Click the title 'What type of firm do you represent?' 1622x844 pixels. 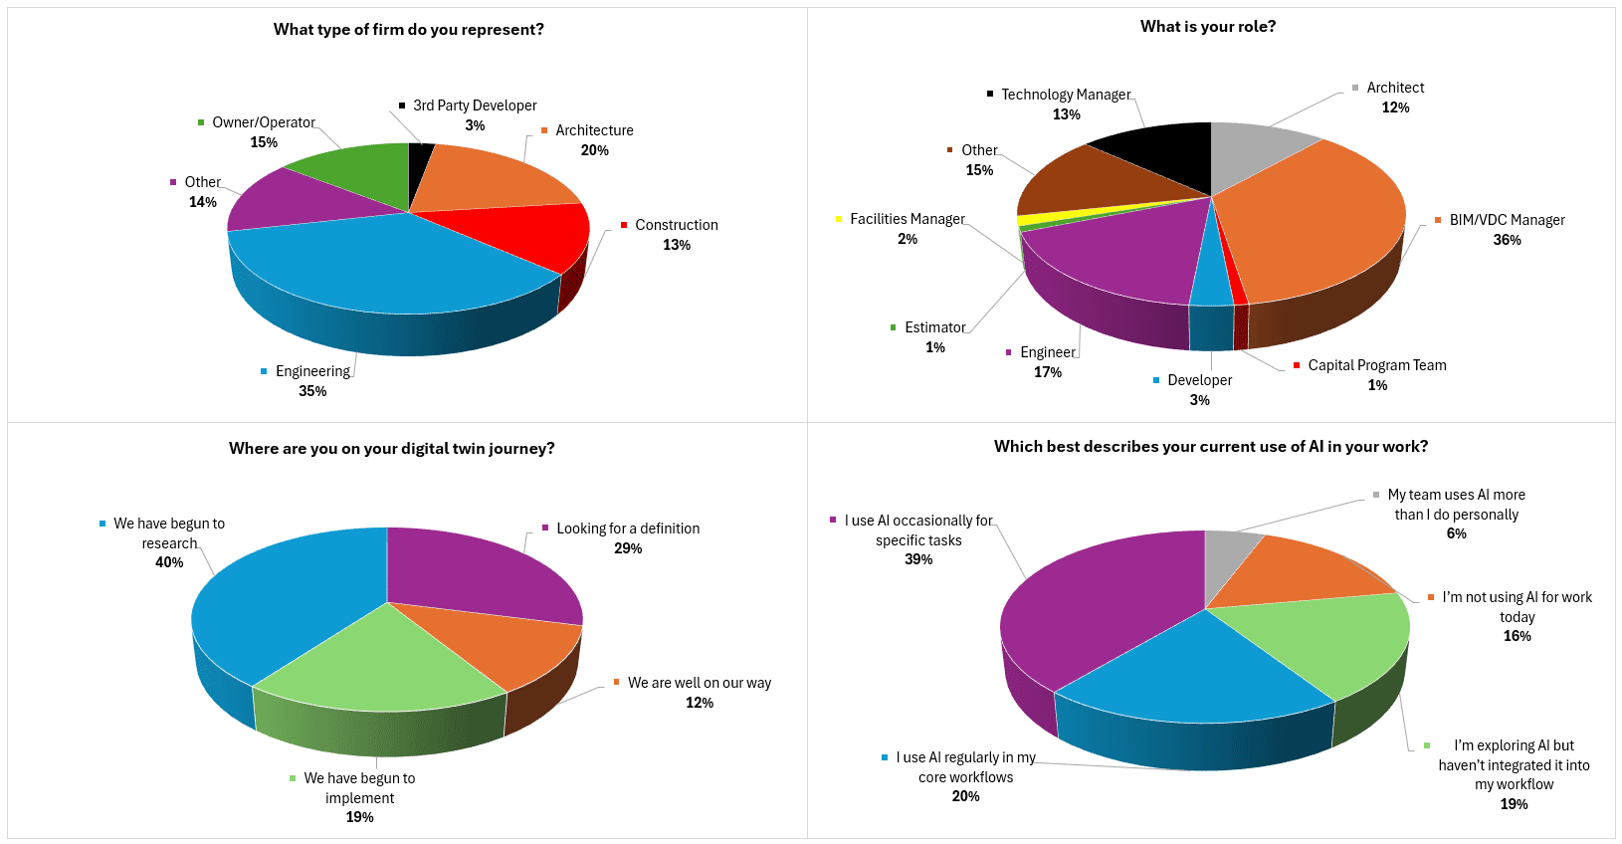click(408, 30)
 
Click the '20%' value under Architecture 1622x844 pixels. click(594, 150)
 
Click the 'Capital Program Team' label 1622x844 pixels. click(1376, 365)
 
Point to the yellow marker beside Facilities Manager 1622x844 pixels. click(839, 219)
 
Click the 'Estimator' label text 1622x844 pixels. click(934, 327)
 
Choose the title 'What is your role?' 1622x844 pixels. click(1207, 27)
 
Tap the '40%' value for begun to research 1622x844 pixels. click(169, 562)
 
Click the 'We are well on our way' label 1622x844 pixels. click(699, 683)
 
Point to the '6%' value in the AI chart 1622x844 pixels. click(1456, 533)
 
